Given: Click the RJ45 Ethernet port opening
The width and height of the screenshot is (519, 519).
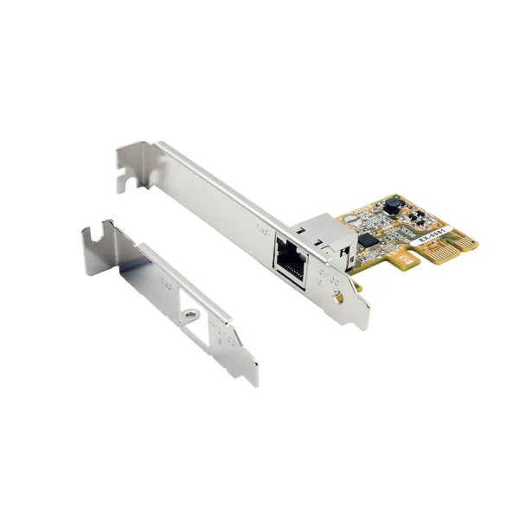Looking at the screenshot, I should click(x=287, y=258).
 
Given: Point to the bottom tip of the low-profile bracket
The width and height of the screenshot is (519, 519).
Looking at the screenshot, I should click(x=253, y=382).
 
